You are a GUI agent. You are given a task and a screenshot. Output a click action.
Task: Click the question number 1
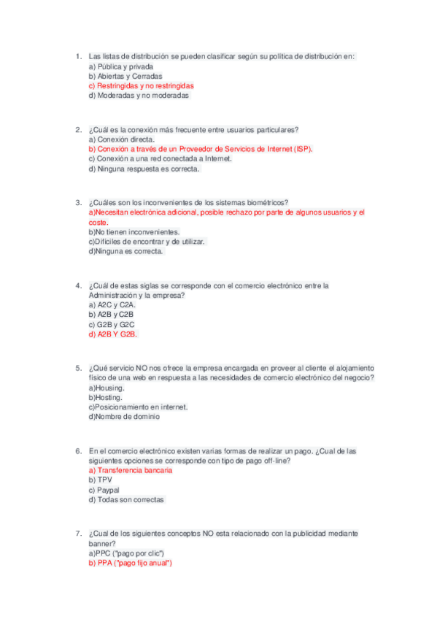click(x=78, y=56)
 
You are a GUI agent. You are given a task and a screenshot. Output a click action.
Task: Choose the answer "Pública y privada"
click(x=125, y=66)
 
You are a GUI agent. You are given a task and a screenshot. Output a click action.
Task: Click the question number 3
click(x=78, y=202)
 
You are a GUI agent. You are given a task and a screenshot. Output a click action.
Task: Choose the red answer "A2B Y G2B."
click(x=117, y=334)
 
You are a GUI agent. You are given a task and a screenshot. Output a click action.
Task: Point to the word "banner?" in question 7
click(x=102, y=544)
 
